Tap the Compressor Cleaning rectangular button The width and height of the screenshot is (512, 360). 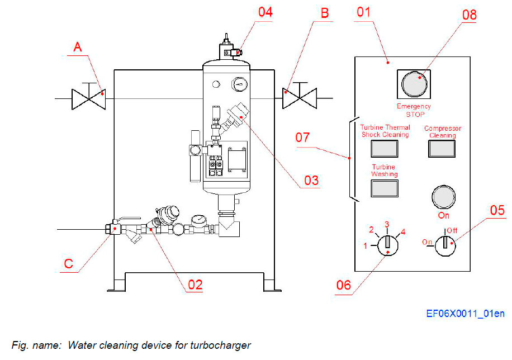[x=442, y=148]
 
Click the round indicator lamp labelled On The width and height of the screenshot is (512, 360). [x=443, y=197]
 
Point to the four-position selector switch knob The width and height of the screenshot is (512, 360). [x=386, y=244]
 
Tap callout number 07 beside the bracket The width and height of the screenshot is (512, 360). [x=307, y=138]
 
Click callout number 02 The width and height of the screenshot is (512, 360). [x=195, y=285]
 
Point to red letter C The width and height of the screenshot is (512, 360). [x=68, y=263]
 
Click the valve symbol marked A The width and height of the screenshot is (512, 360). [x=88, y=98]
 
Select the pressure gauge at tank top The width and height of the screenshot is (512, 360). [x=240, y=84]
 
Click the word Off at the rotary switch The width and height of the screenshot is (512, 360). [x=451, y=230]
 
